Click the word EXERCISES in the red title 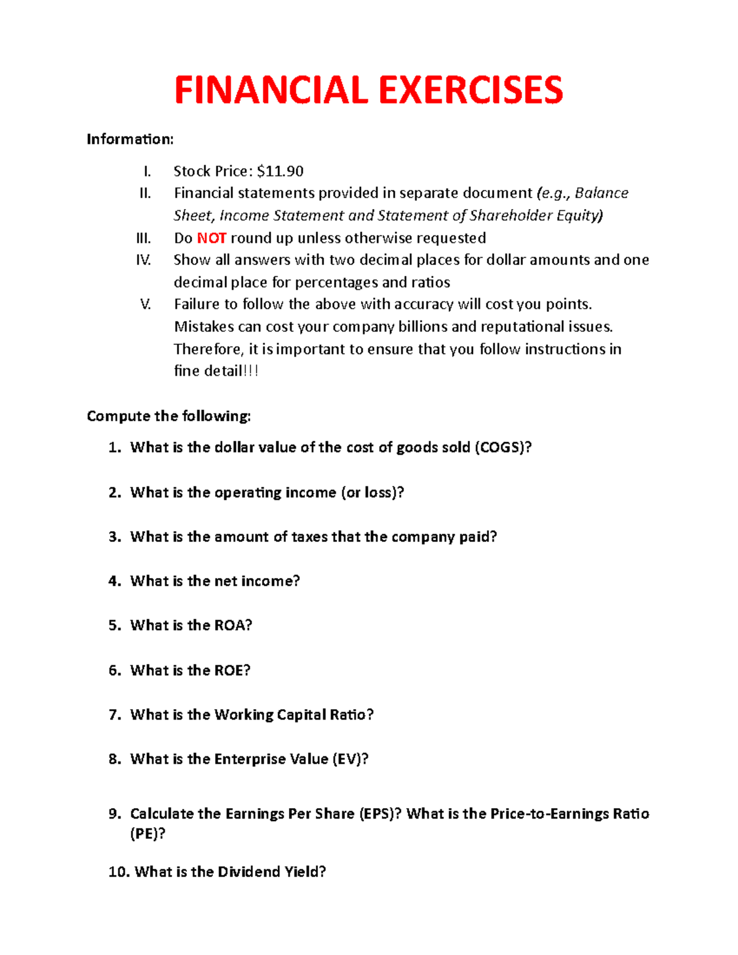(x=470, y=90)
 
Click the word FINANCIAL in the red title (x=271, y=90)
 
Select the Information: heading (x=130, y=140)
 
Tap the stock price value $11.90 (x=280, y=171)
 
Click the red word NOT (x=212, y=238)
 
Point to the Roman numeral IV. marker (x=143, y=260)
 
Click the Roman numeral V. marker (x=146, y=304)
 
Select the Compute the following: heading (x=169, y=416)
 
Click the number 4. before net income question (x=115, y=581)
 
